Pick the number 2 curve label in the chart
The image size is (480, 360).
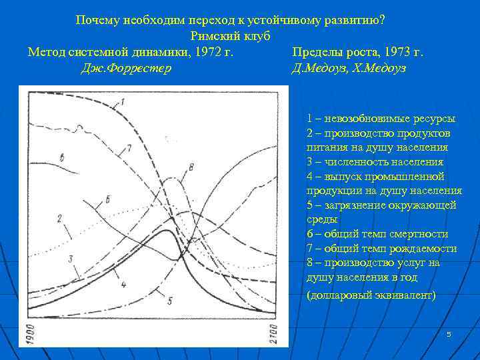(x=59, y=218)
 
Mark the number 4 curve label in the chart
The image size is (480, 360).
(x=123, y=285)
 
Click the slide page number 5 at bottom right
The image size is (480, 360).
(x=449, y=333)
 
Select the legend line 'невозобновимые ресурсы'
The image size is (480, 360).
(x=381, y=119)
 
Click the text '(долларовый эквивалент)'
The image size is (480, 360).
(x=371, y=294)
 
